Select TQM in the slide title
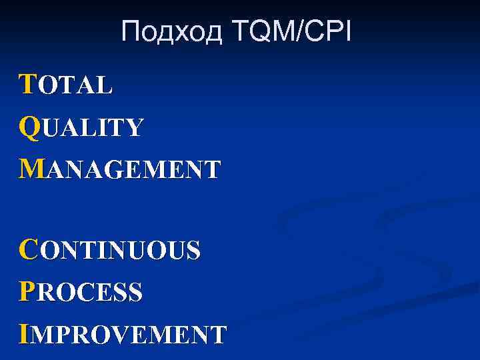262,31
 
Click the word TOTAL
67,85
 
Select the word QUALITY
81,127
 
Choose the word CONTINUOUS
110,250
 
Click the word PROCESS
81,292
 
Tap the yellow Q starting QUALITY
30,127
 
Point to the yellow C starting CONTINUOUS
29,250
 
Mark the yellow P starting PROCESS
27,292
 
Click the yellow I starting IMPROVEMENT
25,333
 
